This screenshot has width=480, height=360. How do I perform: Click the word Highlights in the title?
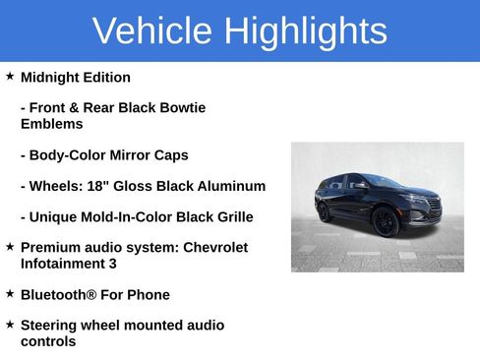pos(305,31)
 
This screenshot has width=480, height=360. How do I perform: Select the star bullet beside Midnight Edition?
pos(10,76)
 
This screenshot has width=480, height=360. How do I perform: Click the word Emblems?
pos(51,124)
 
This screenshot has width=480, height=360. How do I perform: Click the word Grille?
pos(230,216)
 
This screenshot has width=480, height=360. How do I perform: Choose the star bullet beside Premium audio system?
pos(10,246)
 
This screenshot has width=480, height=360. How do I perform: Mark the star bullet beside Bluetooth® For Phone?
pos(10,293)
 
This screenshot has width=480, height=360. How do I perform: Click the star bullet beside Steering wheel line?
pos(10,324)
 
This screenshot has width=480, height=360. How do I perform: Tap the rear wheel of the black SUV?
pos(325,211)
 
